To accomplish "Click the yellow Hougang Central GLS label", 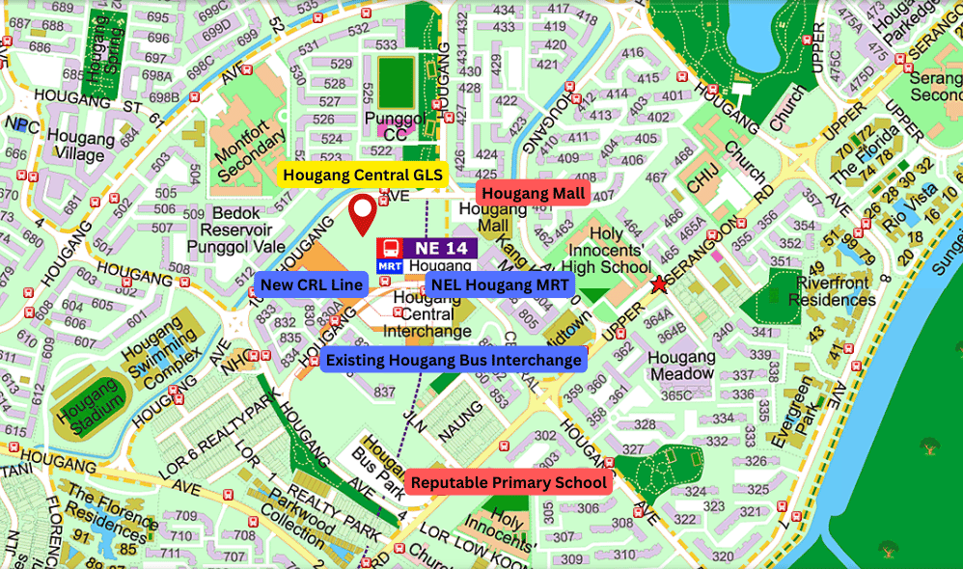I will pyautogui.click(x=363, y=176).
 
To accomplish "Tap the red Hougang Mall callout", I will pyautogui.click(x=534, y=194).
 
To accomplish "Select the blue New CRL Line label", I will pyautogui.click(x=312, y=284).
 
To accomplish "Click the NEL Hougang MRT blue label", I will pyautogui.click(x=499, y=284).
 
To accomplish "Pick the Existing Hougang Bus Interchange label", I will pyautogui.click(x=454, y=360).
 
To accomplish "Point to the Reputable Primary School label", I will pyautogui.click(x=509, y=482).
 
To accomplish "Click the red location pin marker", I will pyautogui.click(x=362, y=214).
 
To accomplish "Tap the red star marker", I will pyautogui.click(x=659, y=284).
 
